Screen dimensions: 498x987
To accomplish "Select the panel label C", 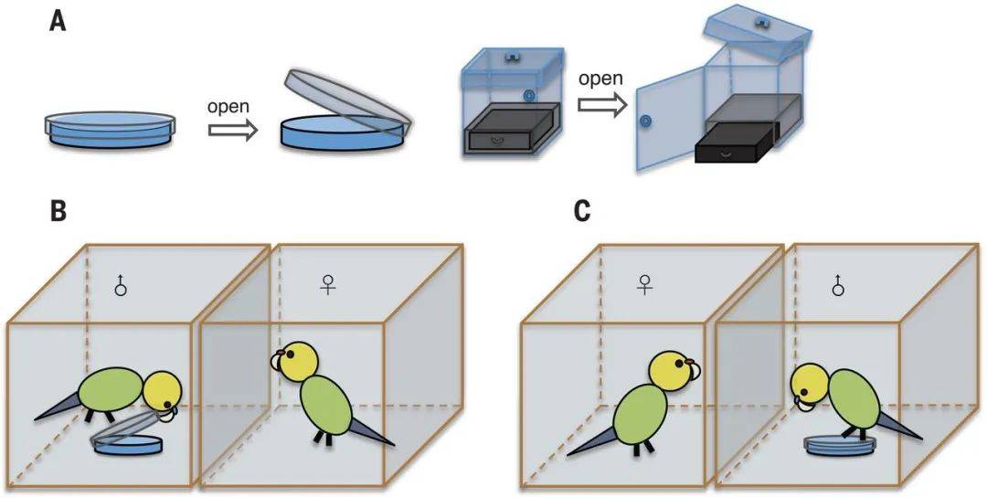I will (581, 212).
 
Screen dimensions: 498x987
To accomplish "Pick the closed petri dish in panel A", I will (109, 129).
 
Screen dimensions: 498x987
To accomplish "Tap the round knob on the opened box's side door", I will (646, 122).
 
